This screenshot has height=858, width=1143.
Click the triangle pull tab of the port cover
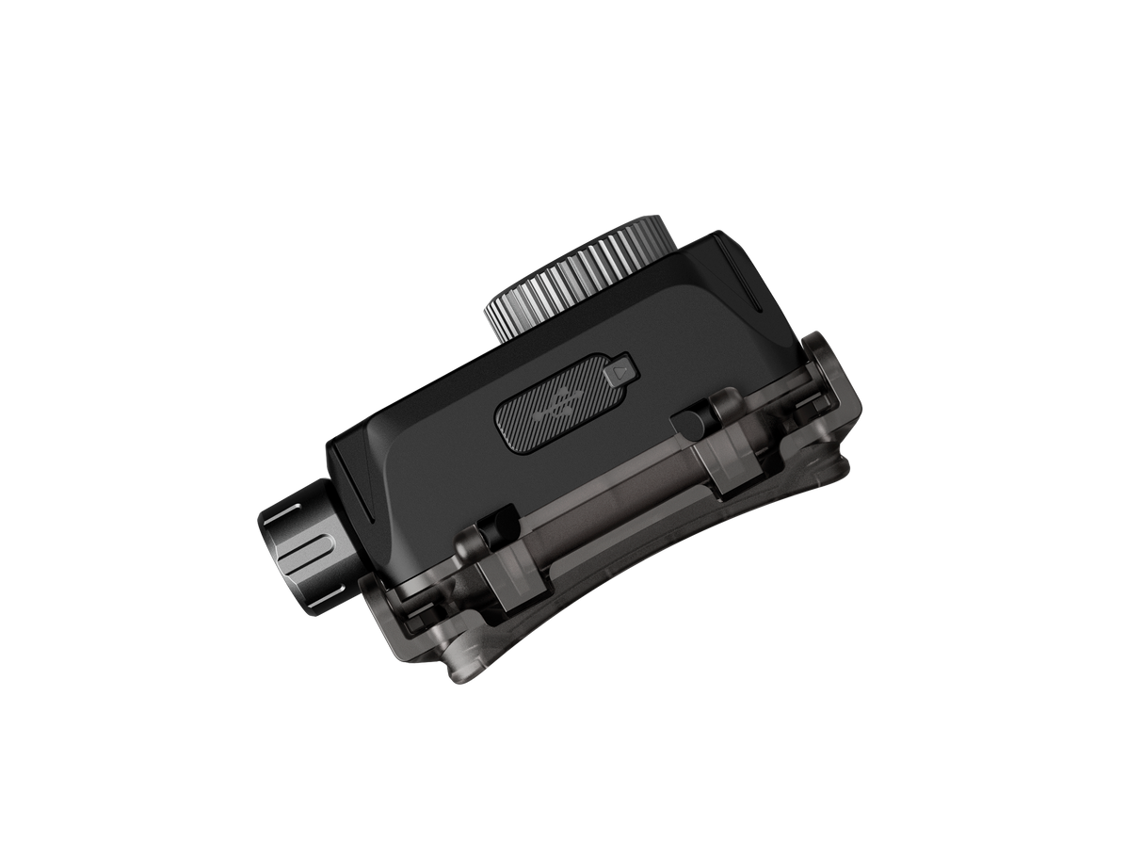click(619, 371)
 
